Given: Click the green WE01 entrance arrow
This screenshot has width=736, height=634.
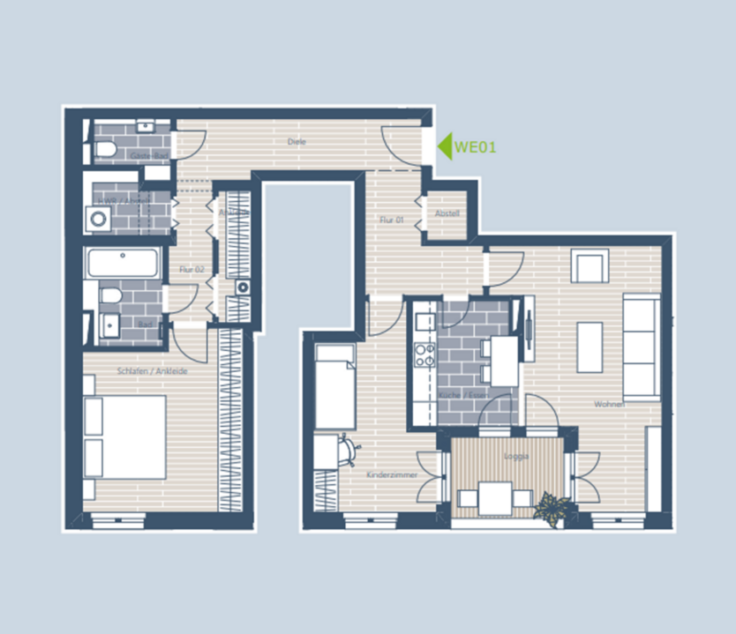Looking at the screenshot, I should [445, 145].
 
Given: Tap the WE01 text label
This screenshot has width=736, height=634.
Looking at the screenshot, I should [476, 146].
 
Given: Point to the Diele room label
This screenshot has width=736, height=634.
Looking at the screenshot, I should [297, 141].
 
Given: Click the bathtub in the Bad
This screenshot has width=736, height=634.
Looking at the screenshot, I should [123, 262].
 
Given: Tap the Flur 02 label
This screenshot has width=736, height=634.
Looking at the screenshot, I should [192, 268].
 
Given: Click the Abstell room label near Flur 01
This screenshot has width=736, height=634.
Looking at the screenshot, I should [447, 213].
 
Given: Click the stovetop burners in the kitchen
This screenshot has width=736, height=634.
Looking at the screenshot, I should [424, 354].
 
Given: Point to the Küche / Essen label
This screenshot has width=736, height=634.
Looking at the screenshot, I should [462, 395].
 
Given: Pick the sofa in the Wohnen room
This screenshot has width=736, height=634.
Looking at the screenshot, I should [641, 347].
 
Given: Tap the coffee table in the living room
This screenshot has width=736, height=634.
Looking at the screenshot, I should [590, 347].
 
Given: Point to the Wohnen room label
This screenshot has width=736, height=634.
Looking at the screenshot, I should [609, 404].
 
